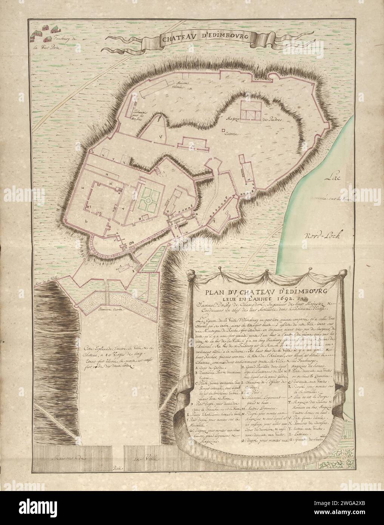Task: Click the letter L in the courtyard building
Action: pos(86,219)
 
